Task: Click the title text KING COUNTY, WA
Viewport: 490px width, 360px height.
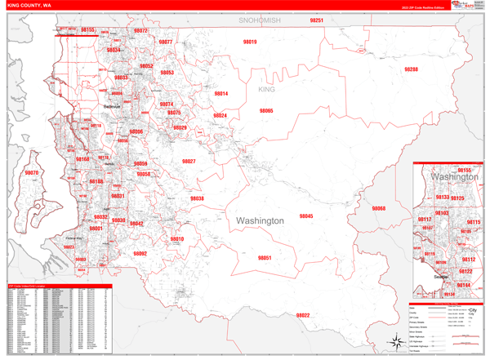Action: click(29, 6)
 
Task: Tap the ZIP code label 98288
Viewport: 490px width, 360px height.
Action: click(411, 69)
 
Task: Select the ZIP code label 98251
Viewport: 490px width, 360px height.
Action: click(317, 20)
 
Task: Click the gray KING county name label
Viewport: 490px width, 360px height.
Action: click(267, 88)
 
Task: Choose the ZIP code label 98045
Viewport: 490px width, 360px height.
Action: click(305, 216)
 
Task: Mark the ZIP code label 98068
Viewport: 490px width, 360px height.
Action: click(378, 209)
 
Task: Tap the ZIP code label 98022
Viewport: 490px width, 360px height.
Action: click(303, 315)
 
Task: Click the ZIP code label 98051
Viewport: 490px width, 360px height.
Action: click(264, 258)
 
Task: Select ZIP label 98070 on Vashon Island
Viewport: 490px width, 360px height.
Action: click(31, 173)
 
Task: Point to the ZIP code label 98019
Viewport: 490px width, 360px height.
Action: click(250, 42)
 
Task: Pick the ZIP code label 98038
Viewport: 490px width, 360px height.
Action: click(198, 198)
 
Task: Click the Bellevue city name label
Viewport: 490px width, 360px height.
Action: click(112, 107)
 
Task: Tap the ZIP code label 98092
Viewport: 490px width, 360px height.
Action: click(140, 254)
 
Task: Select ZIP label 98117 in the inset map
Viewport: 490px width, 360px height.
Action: click(425, 220)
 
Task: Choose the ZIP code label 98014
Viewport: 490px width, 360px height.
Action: click(220, 94)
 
